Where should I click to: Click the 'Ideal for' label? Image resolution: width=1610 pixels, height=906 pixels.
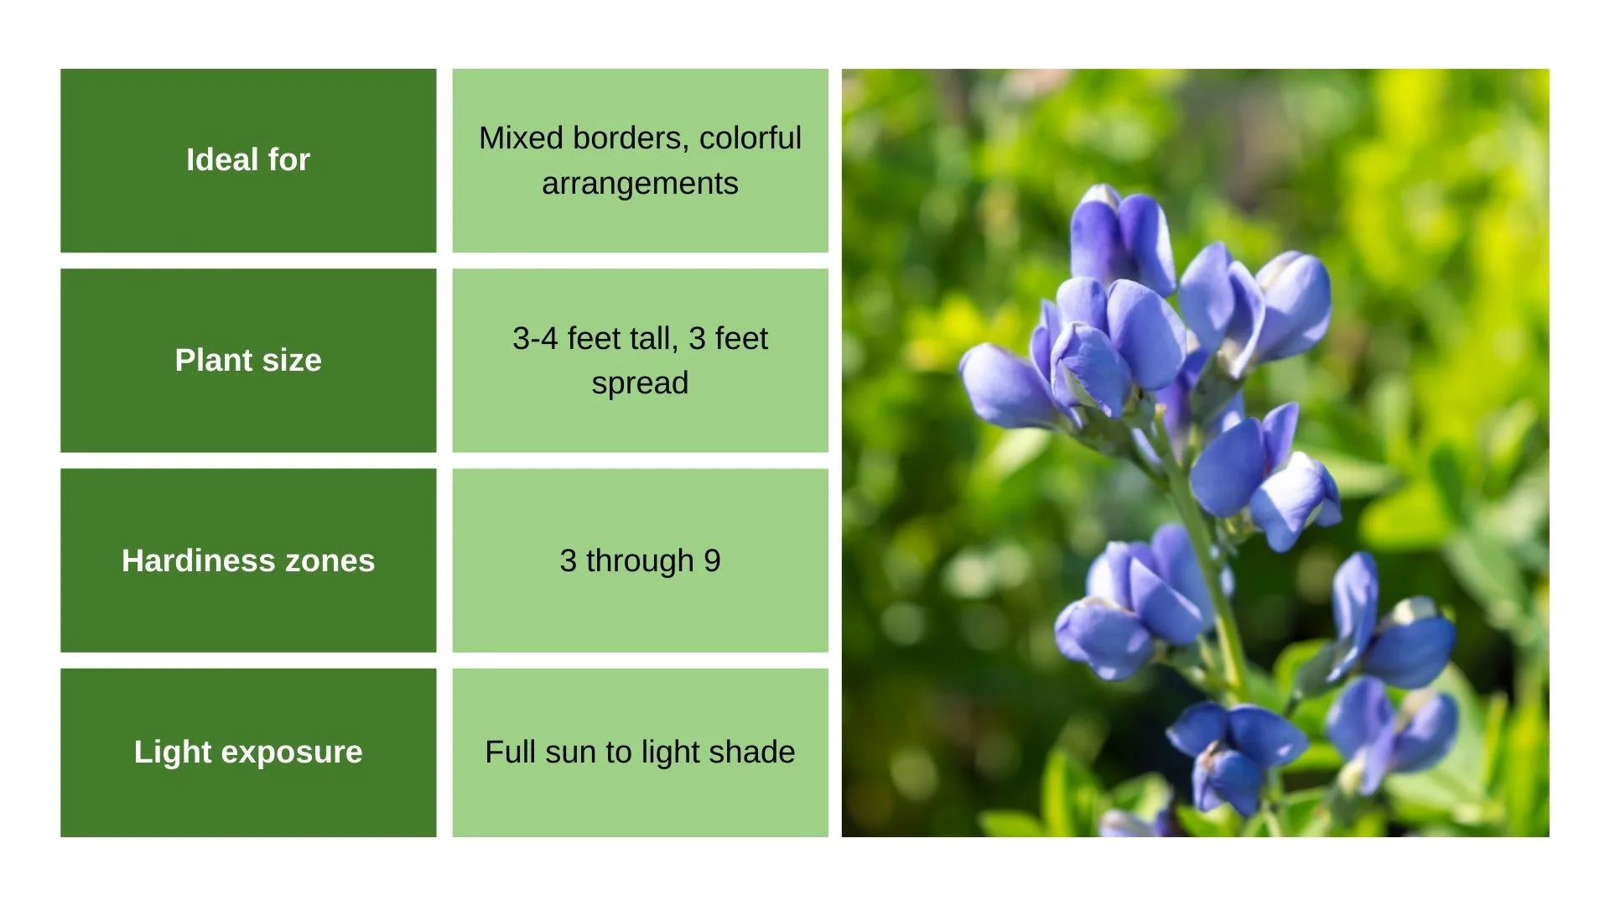(248, 159)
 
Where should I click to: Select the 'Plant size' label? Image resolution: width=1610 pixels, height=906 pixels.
(248, 360)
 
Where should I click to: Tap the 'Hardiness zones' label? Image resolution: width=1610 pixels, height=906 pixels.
(248, 560)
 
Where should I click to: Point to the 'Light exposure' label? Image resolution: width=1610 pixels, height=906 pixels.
(248, 752)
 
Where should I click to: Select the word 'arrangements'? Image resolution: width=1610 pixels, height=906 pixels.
(640, 184)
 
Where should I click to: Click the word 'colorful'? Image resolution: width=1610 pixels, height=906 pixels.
(750, 138)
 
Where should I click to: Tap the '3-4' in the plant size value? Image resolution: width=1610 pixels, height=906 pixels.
(535, 338)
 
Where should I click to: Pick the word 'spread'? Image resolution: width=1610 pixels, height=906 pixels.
(640, 384)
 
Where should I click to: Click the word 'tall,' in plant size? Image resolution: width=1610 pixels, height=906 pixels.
(654, 338)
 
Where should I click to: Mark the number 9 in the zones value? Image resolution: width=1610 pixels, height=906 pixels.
(712, 560)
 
